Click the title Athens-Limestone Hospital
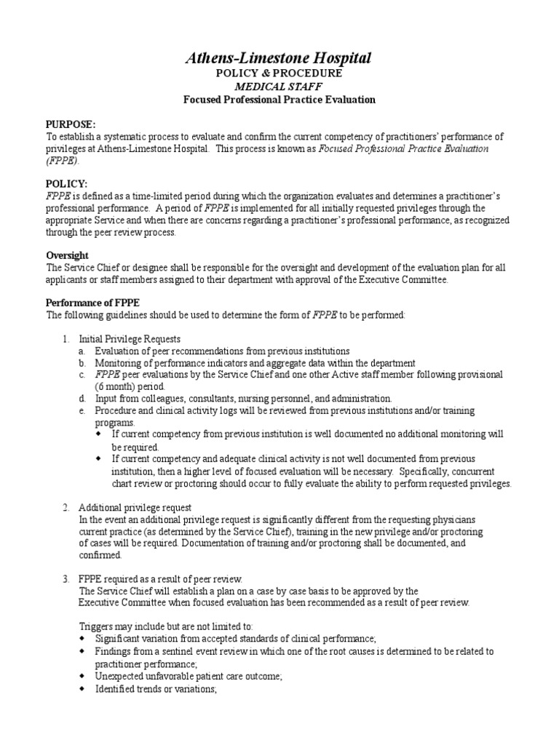(279, 58)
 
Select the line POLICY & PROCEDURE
(279, 73)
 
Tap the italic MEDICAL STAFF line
(279, 87)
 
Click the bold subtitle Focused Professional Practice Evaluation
(279, 100)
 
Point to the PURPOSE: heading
(71, 124)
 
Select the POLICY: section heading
(67, 185)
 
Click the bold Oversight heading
(68, 255)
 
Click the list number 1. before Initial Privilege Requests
(66, 339)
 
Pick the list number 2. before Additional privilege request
(66, 506)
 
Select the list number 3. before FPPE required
(66, 577)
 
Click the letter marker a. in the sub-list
(83, 351)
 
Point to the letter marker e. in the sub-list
(83, 410)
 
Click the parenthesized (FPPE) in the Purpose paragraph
(61, 160)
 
